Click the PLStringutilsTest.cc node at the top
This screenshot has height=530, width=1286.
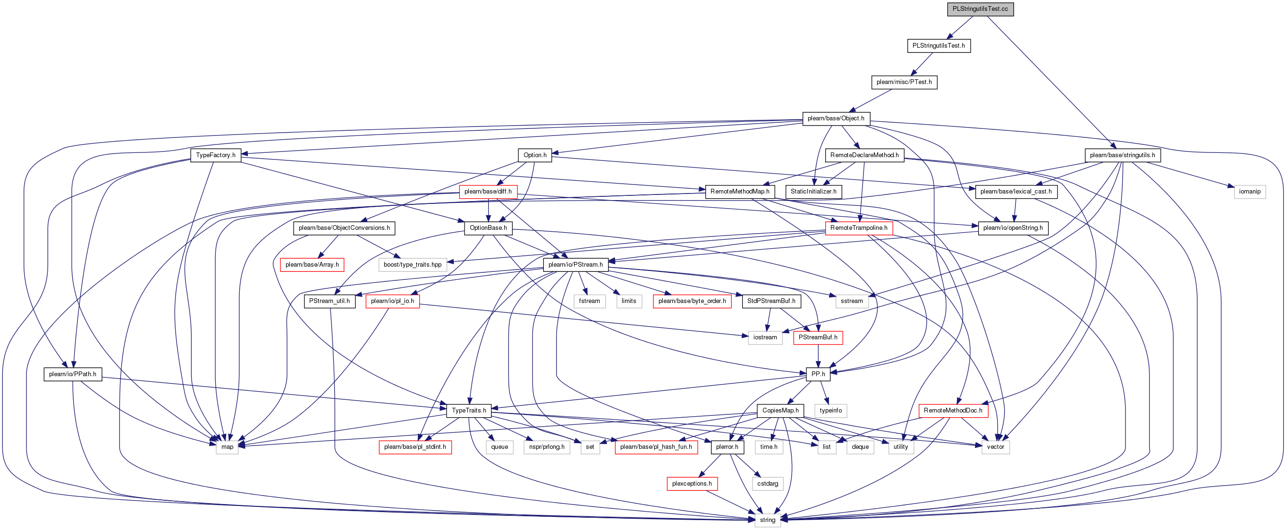click(x=980, y=9)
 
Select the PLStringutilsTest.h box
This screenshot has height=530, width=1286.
click(x=939, y=45)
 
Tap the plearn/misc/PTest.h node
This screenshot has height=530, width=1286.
click(x=904, y=82)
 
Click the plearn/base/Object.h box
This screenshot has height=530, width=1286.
click(x=836, y=118)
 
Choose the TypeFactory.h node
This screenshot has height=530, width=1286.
click(x=216, y=155)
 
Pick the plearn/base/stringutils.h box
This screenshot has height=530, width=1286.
click(x=1122, y=155)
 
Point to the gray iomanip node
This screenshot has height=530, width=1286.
click(x=1250, y=191)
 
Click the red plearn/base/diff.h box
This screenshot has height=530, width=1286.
click(x=488, y=191)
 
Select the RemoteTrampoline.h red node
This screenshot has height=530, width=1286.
click(x=859, y=227)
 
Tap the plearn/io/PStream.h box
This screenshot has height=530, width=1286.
click(x=575, y=264)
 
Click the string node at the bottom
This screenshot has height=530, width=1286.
click(x=767, y=520)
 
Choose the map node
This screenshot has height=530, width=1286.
click(x=227, y=446)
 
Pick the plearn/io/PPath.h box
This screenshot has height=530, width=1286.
click(x=73, y=374)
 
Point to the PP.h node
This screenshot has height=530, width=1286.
click(x=818, y=374)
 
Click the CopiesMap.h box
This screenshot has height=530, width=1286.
click(x=780, y=410)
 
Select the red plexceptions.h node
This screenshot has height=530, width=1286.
click(x=692, y=483)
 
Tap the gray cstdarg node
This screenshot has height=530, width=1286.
click(x=768, y=483)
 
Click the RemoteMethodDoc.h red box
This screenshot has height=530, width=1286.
click(x=953, y=410)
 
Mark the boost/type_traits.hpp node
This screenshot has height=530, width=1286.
click(x=412, y=264)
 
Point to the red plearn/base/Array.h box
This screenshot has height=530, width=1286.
click(x=312, y=264)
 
